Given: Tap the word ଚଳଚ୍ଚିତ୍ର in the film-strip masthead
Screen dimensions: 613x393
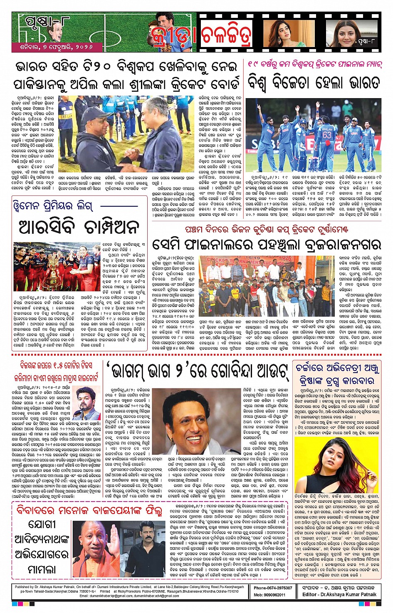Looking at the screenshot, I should (227, 36).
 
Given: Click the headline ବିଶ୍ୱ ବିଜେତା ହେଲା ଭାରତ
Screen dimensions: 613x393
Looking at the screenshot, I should (314, 82).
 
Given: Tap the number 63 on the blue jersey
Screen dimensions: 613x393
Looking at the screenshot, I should (327, 135).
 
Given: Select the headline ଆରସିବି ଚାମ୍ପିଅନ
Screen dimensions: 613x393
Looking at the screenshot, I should (79, 227).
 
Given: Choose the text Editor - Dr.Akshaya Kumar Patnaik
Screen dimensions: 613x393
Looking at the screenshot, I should (339, 595).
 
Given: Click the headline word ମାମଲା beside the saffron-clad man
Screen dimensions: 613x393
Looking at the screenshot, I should (42, 569).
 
